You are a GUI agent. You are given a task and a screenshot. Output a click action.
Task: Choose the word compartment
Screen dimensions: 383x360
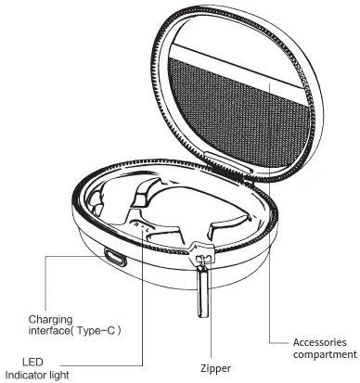(x=325, y=354)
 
